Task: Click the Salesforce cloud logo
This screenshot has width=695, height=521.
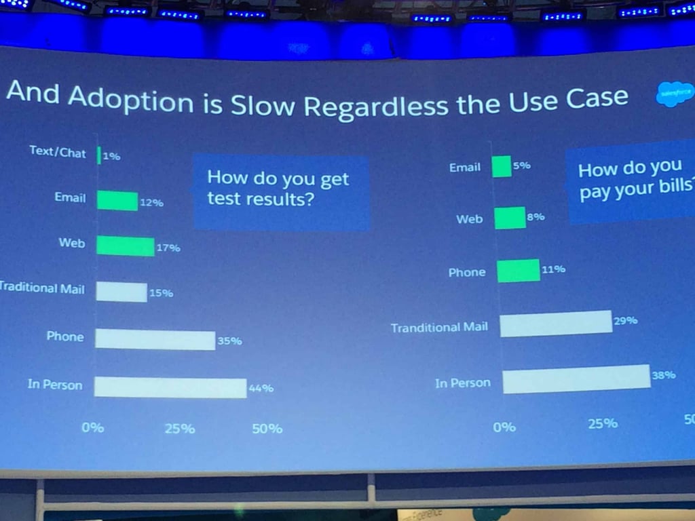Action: (675, 94)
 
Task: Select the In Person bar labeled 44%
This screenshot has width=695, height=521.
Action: (170, 387)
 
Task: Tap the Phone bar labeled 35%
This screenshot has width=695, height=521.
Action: (155, 339)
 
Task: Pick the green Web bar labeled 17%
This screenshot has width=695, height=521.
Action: (126, 246)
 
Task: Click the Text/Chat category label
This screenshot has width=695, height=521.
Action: (58, 153)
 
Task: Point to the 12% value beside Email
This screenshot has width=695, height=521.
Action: (151, 202)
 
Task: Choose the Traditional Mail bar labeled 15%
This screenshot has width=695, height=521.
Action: (121, 292)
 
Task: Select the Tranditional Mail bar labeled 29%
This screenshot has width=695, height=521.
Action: (556, 324)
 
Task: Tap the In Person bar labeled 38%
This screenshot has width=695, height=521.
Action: (576, 379)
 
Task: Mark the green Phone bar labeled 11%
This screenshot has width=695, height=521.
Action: (519, 271)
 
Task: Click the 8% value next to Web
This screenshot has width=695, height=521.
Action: (536, 217)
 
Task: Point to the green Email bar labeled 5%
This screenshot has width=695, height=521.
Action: (502, 166)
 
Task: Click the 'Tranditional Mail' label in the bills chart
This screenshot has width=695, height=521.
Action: (439, 328)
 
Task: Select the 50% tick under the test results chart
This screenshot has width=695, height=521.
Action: (267, 429)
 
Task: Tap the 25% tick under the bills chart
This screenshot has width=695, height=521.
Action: (603, 423)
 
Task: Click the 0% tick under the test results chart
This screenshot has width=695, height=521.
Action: (93, 428)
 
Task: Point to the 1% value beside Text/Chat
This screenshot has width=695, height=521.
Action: (111, 156)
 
